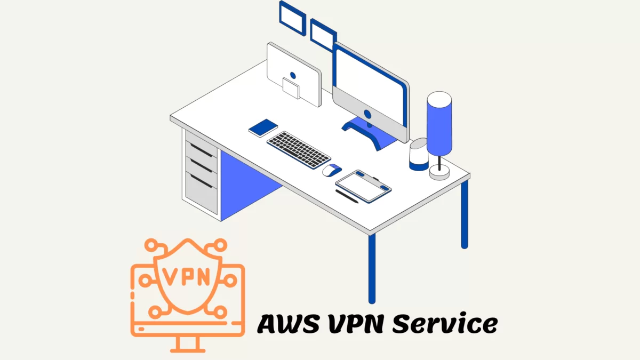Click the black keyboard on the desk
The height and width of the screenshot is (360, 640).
point(299,149)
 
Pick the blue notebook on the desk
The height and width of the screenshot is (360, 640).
point(263,127)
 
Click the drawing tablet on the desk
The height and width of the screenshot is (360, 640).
point(363,185)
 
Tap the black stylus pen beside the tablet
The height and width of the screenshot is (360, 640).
point(347,196)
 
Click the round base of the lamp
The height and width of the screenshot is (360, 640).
point(439,171)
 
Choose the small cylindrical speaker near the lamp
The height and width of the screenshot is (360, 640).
point(419,155)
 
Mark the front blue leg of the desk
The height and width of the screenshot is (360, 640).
point(372,267)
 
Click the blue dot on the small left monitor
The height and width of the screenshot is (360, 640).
point(292,76)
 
